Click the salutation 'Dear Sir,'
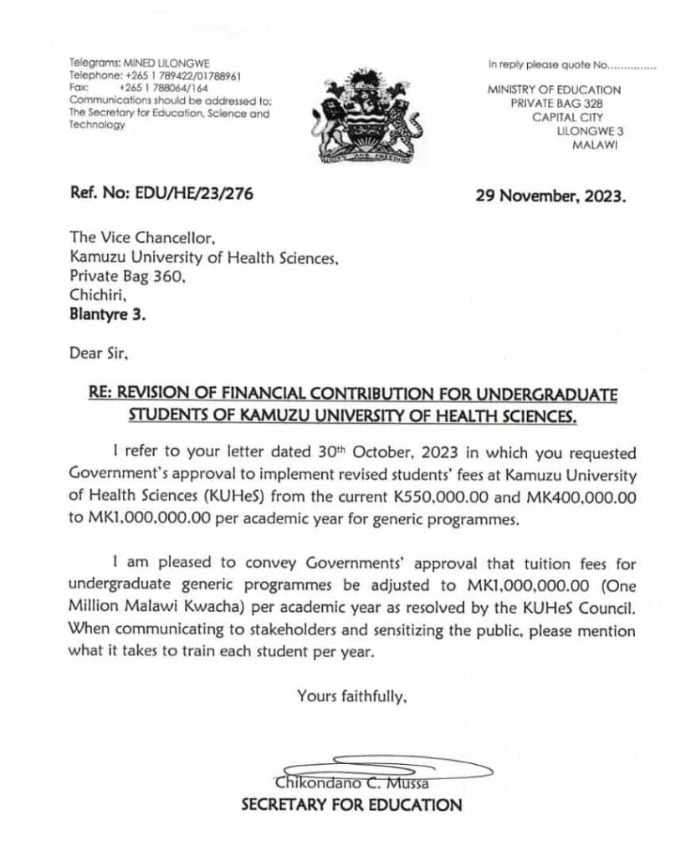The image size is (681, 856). (99, 356)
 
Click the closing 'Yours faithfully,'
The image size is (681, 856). (352, 694)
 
